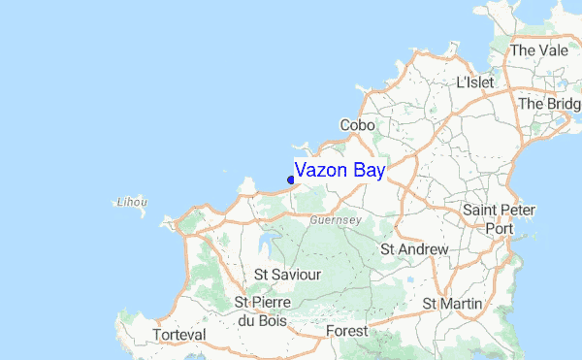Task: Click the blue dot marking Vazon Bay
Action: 291,179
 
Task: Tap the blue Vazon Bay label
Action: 340,171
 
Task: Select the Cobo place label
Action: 357,125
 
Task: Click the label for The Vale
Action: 535,49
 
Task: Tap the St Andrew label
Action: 414,249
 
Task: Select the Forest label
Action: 347,331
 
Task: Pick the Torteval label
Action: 179,335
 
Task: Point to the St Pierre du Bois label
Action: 261,311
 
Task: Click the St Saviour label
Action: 287,275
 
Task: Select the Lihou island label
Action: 131,203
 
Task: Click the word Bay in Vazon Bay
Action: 369,171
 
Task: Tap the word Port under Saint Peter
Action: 500,229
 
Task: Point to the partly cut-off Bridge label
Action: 550,104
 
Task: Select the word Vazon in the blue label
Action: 322,171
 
